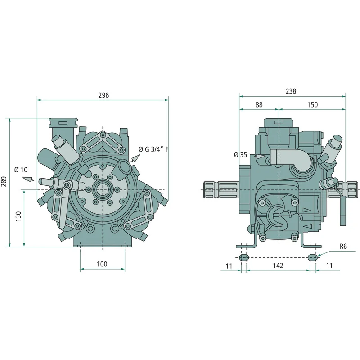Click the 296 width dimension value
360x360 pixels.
click(x=103, y=95)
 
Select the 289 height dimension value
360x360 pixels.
click(x=4, y=181)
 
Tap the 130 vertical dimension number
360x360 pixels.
click(x=18, y=216)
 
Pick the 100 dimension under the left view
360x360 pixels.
click(x=102, y=264)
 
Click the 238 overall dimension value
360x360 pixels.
click(x=291, y=91)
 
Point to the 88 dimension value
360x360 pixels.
click(x=259, y=105)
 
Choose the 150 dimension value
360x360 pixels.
click(x=312, y=105)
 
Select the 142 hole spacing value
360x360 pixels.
click(x=278, y=265)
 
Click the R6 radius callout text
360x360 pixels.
click(x=343, y=246)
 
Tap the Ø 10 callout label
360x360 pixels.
click(x=21, y=170)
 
